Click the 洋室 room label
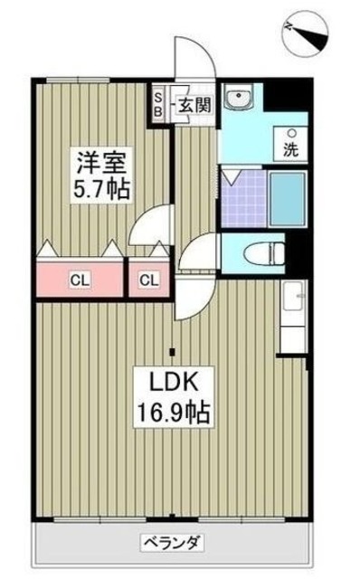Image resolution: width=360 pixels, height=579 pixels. click(100, 165)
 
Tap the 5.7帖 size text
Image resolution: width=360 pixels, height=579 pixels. click(100, 190)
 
